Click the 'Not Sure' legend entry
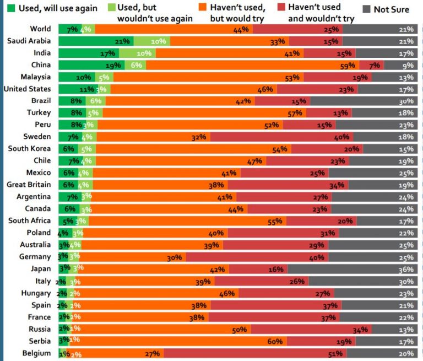391,10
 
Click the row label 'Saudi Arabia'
29,41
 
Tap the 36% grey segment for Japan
352,269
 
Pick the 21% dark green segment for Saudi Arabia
95,41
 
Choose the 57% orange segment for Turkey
204,113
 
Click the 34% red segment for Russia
311,329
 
